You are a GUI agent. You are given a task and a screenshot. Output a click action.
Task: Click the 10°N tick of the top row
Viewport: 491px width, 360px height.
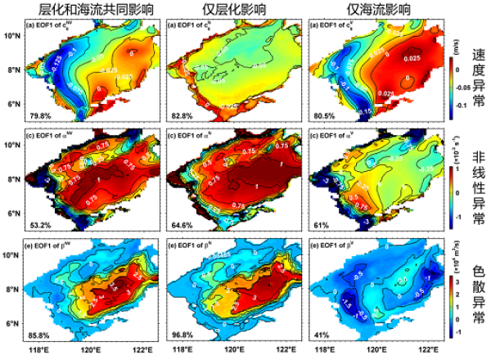click(x=12, y=37)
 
